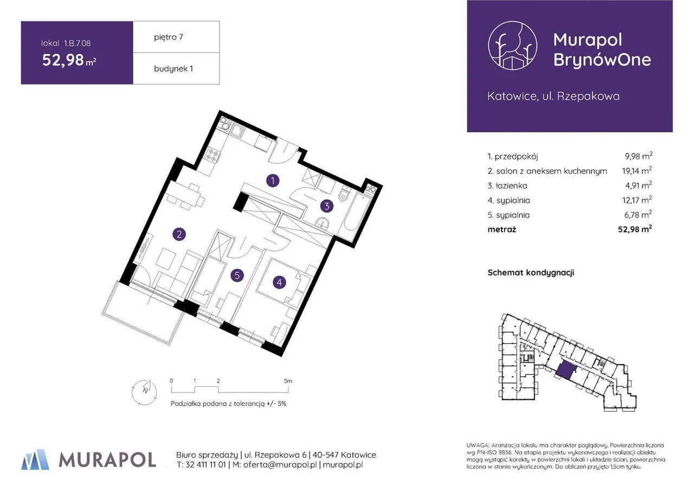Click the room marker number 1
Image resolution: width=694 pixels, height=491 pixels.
point(273,181)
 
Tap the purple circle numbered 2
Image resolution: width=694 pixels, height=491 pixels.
point(179,234)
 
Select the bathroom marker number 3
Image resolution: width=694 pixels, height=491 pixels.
point(326,206)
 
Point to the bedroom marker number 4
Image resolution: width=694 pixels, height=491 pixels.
point(279,282)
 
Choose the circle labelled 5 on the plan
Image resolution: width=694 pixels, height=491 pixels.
point(237,275)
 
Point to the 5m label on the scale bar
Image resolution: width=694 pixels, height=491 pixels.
point(288,381)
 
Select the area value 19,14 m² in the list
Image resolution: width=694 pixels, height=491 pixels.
point(637,170)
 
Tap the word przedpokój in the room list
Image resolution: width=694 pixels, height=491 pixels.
point(516,157)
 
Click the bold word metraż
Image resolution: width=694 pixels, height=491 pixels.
point(502,229)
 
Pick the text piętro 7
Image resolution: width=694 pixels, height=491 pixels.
point(169,37)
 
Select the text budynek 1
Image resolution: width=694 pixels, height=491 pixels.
point(173,68)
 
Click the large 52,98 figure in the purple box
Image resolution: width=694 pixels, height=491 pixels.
point(63,60)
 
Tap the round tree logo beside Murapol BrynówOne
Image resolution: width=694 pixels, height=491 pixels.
point(512,46)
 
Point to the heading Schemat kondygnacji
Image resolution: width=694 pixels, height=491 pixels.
point(531,272)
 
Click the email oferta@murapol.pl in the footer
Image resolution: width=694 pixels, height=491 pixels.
point(280,464)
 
